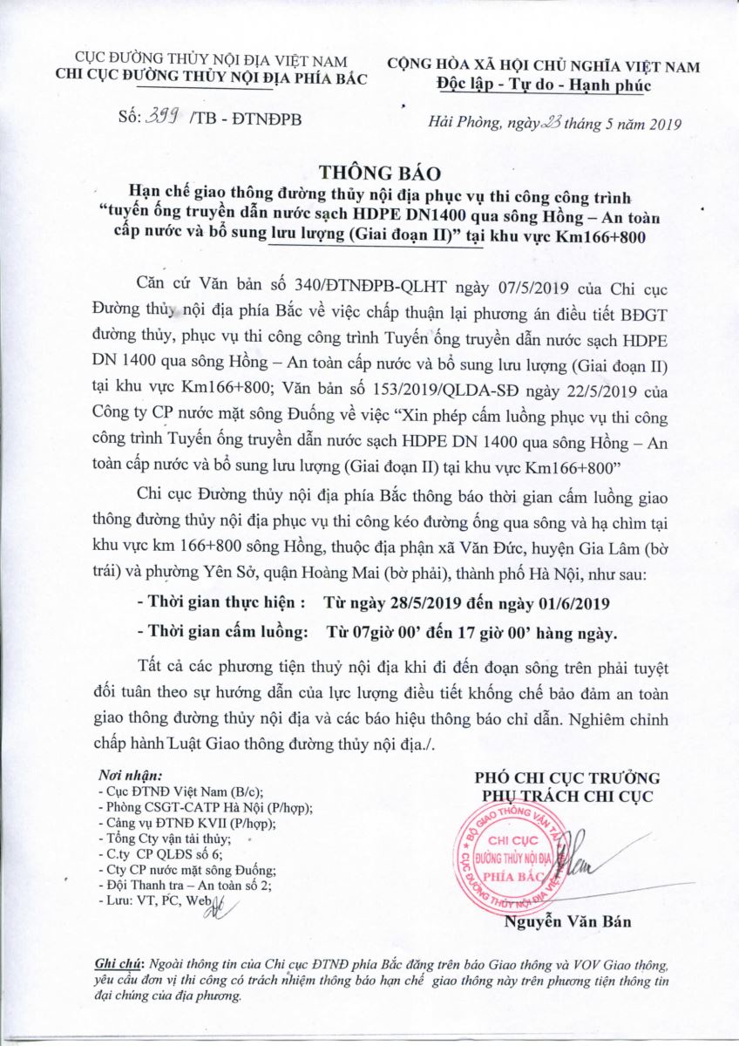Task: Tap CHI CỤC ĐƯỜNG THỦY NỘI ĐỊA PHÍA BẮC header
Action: tap(211, 78)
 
